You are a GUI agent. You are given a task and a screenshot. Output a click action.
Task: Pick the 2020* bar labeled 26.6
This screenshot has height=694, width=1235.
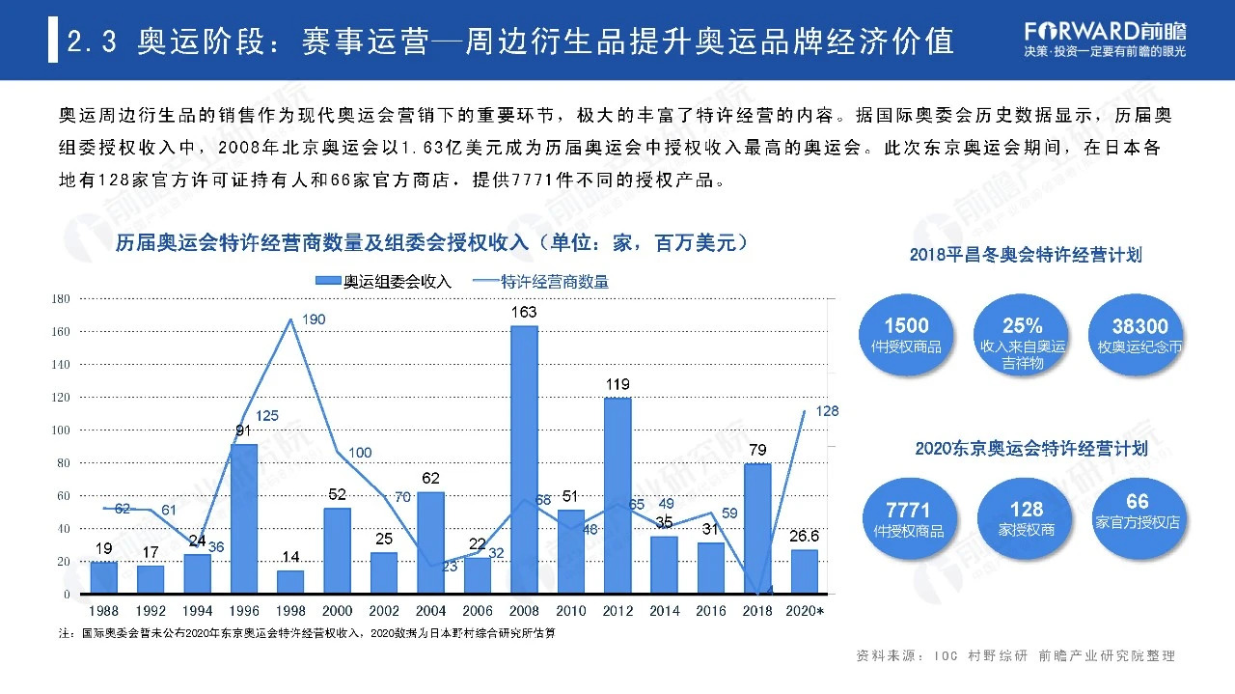tap(805, 570)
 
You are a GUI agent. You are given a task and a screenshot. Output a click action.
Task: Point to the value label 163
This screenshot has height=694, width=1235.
tap(524, 313)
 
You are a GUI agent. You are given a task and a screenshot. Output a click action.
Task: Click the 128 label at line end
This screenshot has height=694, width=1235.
tap(827, 411)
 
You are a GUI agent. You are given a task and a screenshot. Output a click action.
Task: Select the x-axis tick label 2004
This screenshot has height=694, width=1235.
tap(430, 611)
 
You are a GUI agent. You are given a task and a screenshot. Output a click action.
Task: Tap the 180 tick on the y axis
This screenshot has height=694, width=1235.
tap(61, 299)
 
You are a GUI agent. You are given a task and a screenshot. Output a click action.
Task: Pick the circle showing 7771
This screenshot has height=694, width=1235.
tap(907, 518)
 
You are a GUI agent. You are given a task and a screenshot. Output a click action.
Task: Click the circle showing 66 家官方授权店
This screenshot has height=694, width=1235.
tap(1138, 512)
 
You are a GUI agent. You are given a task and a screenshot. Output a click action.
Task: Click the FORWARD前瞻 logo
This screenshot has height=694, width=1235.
tap(1105, 29)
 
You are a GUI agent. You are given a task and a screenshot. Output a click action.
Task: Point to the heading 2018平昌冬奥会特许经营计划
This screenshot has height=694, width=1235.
tap(1026, 255)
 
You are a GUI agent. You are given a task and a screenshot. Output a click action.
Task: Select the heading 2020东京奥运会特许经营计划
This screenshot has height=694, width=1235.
tap(1030, 449)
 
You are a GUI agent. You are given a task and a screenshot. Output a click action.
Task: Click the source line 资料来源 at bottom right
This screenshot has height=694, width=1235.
tap(1015, 656)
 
